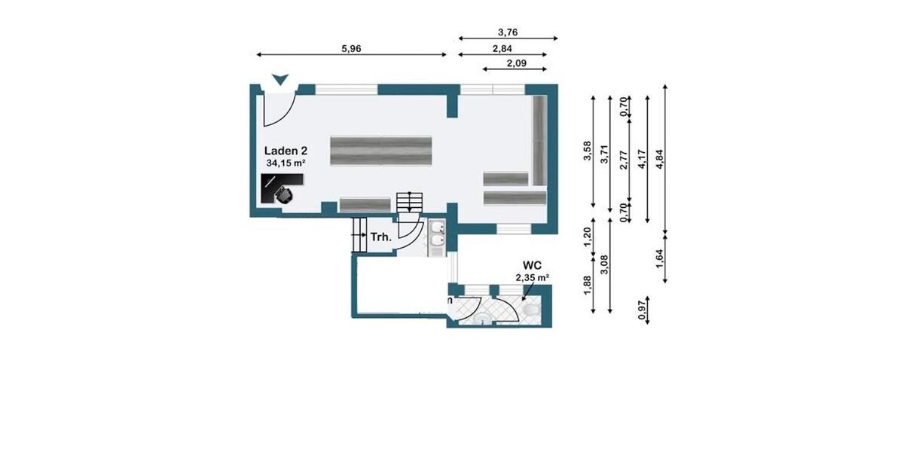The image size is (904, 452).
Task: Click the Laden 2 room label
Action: click(286, 151)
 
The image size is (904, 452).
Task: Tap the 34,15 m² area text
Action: click(286, 163)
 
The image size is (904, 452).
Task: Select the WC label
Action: click(533, 265)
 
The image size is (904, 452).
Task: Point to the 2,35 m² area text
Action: click(533, 278)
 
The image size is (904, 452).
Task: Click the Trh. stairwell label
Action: click(381, 237)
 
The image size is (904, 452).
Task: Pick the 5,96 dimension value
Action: click(351, 49)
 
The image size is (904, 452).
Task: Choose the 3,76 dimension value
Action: click(508, 32)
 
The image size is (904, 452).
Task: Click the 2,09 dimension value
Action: click(517, 63)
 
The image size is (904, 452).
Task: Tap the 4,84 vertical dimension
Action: click(659, 160)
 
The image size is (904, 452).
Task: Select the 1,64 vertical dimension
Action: click(659, 258)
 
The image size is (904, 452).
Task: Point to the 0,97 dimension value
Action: click(642, 310)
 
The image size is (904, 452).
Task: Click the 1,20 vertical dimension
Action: click(588, 237)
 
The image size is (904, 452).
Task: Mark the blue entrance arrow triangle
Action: click(280, 79)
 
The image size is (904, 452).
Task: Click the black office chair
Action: click(285, 196)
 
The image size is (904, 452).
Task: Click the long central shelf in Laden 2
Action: click(381, 151)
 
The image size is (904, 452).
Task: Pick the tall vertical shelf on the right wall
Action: click(540, 140)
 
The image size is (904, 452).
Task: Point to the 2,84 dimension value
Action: click(502, 49)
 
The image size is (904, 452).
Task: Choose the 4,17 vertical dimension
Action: click(642, 160)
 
